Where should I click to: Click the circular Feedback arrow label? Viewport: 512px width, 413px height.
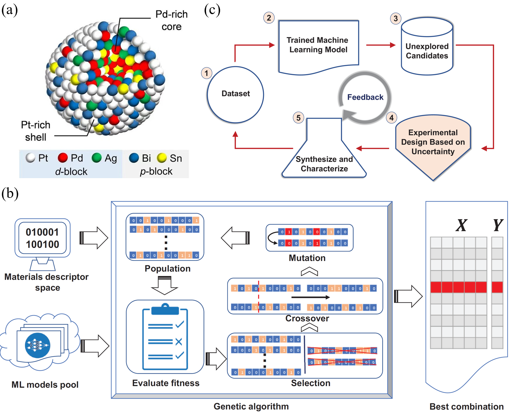tap(365, 97)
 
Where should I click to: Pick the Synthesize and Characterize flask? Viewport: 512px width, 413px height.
tap(324, 157)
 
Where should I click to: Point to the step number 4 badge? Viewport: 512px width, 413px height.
tap(391, 118)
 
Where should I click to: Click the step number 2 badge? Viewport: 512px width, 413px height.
tap(269, 18)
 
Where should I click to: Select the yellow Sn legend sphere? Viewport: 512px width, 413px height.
tap(162, 158)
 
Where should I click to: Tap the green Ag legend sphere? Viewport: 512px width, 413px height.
tap(97, 158)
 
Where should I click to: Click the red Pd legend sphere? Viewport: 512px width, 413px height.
tap(63, 158)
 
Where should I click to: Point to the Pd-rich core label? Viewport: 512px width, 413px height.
tap(172, 20)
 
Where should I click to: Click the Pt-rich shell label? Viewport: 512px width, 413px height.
tap(36, 131)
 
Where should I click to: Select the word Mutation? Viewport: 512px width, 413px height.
tap(307, 258)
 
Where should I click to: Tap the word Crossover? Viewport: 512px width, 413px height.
tap(307, 318)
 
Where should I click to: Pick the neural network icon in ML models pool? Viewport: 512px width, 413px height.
tap(38, 345)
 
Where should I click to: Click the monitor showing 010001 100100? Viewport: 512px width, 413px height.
tap(42, 238)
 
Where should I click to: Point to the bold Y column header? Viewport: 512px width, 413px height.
tap(498, 225)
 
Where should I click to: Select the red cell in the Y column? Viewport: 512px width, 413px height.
tap(497, 287)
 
